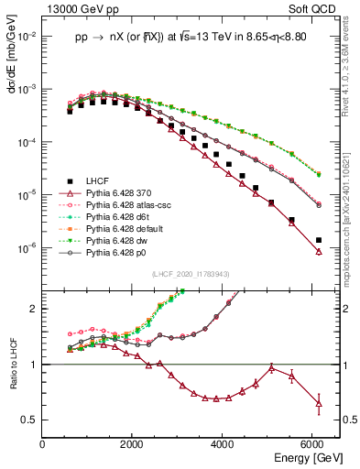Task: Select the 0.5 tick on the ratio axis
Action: (31, 420)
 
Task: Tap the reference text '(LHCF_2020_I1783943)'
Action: (191, 274)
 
